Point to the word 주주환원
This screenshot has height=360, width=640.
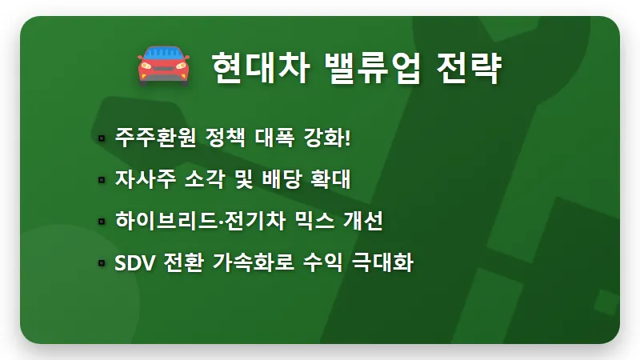point(147,137)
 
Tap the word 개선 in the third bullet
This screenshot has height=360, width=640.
point(364,220)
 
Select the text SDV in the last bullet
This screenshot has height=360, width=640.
point(133,262)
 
